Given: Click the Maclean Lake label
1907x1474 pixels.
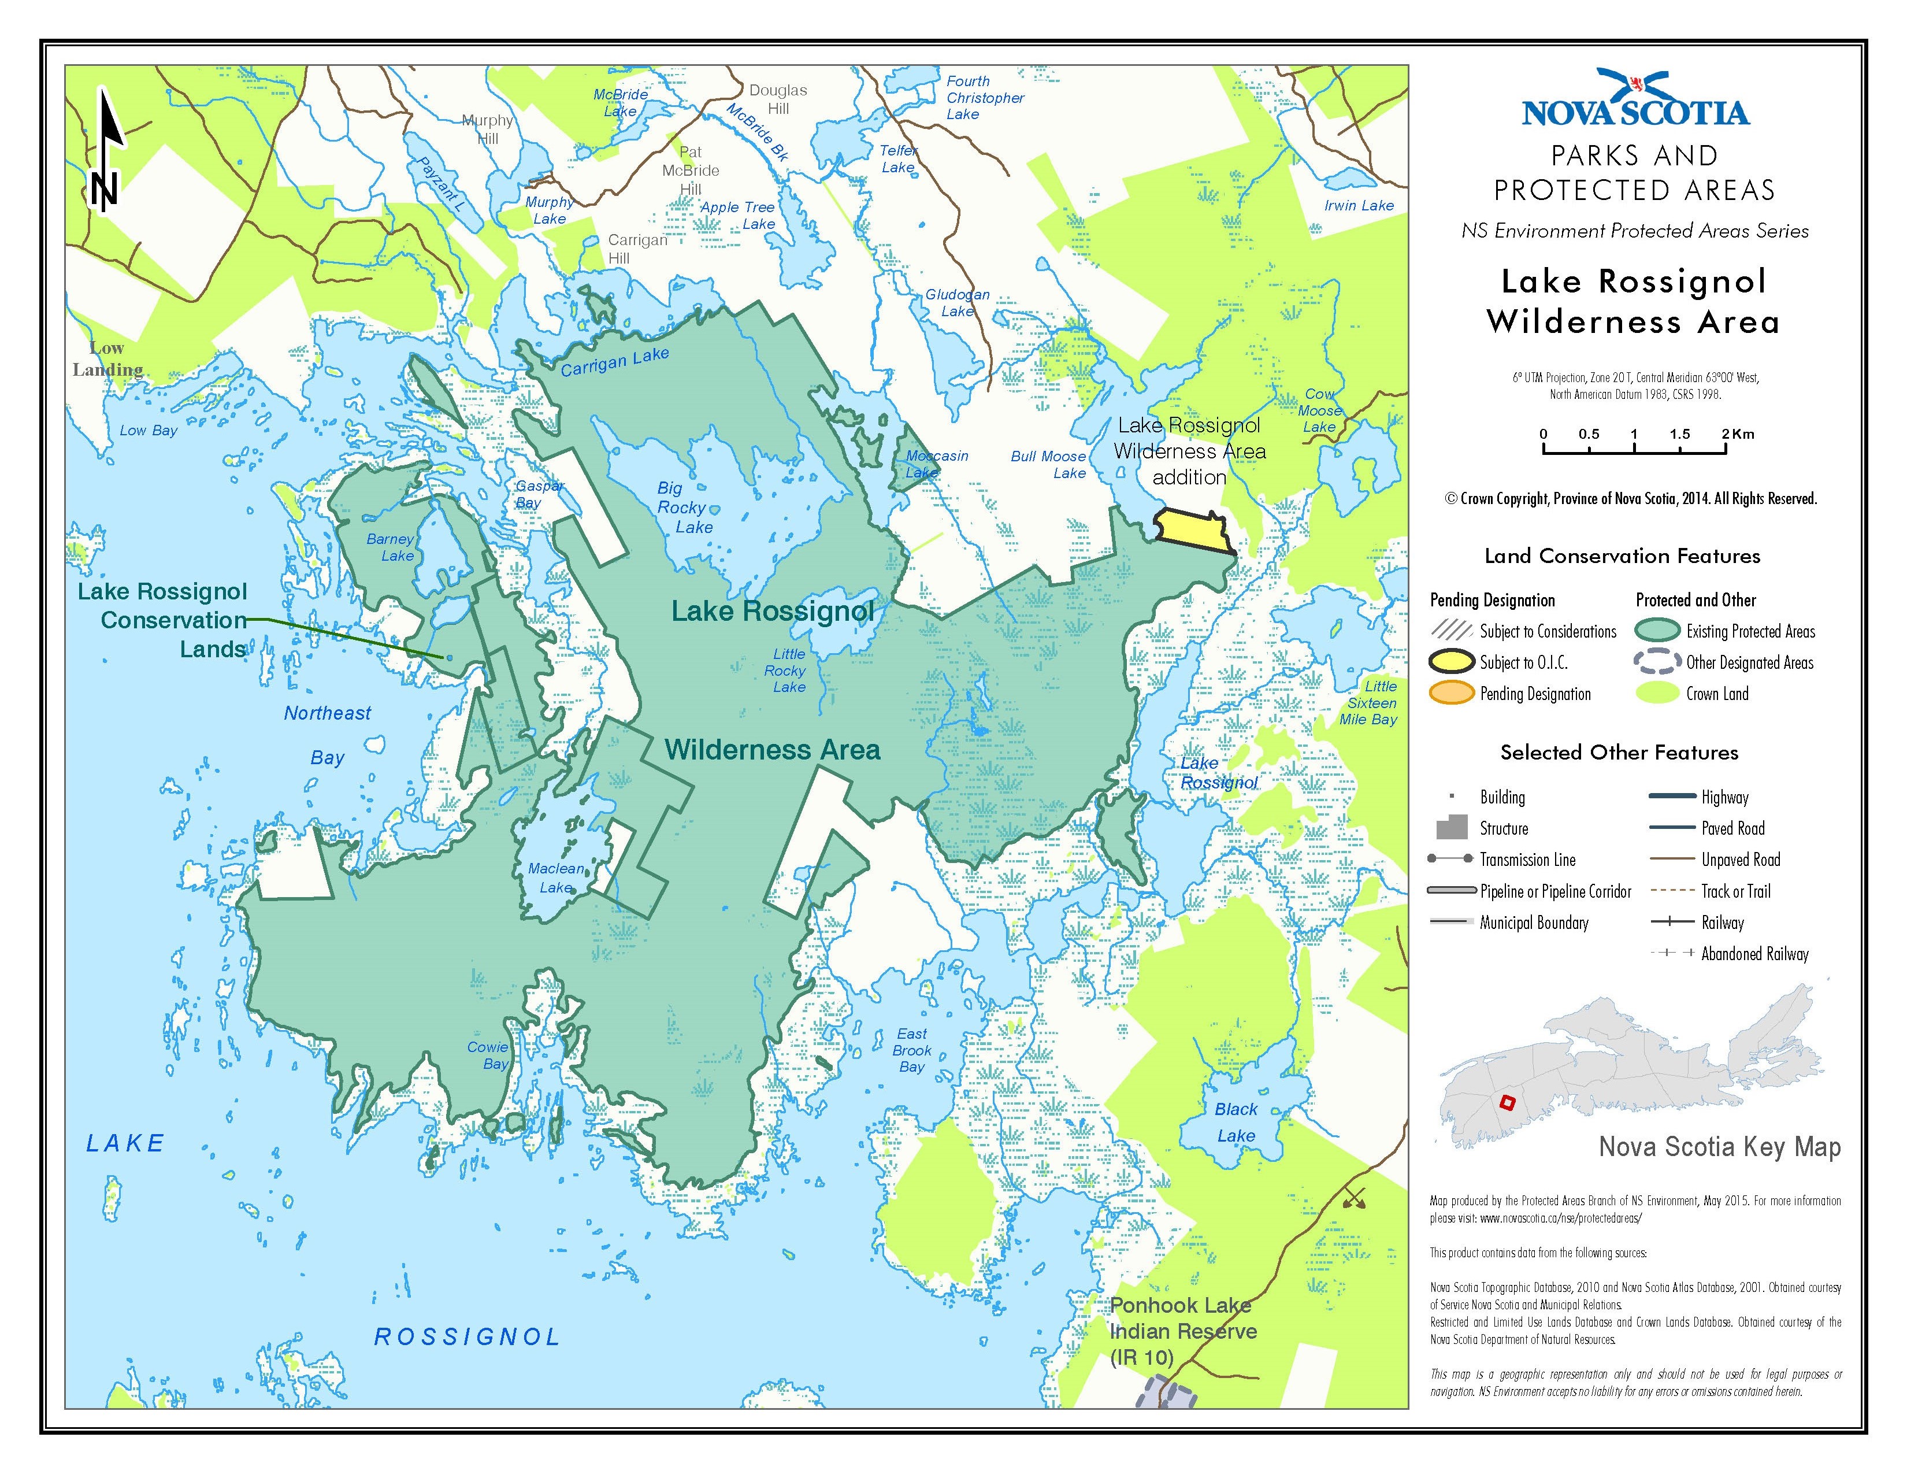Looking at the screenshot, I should (x=556, y=877).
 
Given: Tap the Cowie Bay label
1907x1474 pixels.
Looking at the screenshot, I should (x=488, y=1055).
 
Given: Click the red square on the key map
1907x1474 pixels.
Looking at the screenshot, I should (x=1506, y=1103).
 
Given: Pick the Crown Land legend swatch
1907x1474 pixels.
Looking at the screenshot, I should (x=1656, y=693).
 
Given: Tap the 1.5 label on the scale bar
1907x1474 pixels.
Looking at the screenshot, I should (x=1679, y=434).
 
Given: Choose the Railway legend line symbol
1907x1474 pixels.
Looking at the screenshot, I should (x=1672, y=922).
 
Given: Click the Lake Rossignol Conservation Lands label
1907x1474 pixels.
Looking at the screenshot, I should (x=164, y=620).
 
